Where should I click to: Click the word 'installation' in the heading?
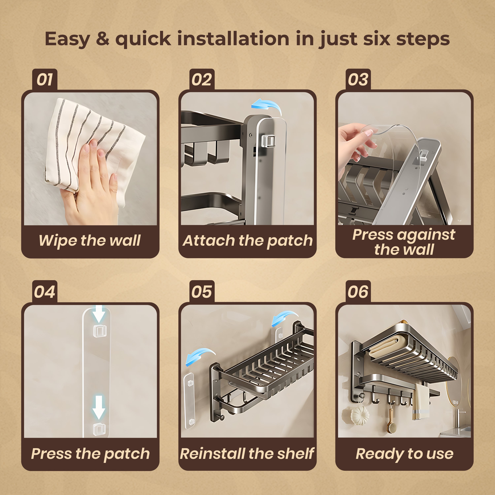tap(233, 39)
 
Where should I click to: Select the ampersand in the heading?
tap(102, 39)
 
